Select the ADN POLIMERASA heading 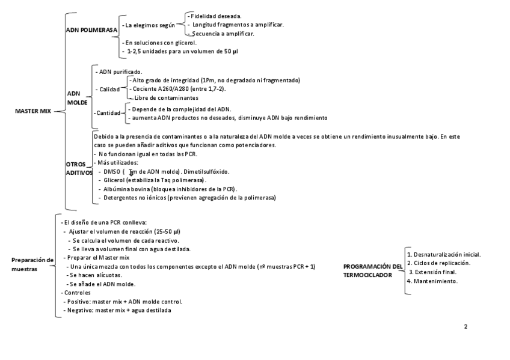[x=91, y=29]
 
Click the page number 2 [x=465, y=326]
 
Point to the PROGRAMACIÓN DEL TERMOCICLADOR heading [x=372, y=270]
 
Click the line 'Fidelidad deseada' [x=215, y=15]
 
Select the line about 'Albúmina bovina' [x=170, y=189]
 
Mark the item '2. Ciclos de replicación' [x=438, y=263]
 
